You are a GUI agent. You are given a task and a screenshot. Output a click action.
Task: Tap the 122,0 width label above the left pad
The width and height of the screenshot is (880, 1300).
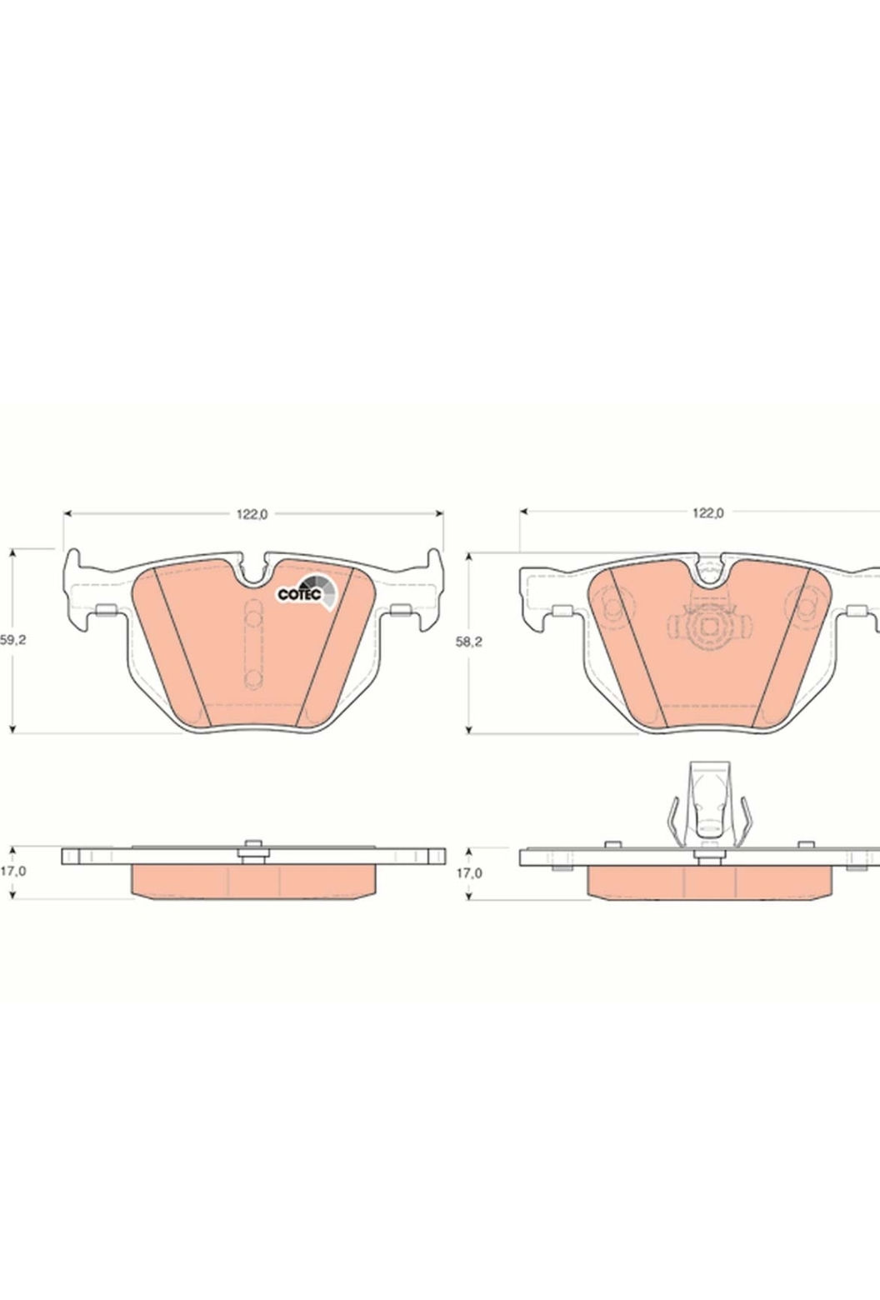point(252,514)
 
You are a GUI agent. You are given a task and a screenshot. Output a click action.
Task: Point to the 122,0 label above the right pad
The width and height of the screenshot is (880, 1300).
point(708,513)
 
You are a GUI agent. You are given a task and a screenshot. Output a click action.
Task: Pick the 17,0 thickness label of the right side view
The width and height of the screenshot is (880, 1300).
point(469,872)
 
